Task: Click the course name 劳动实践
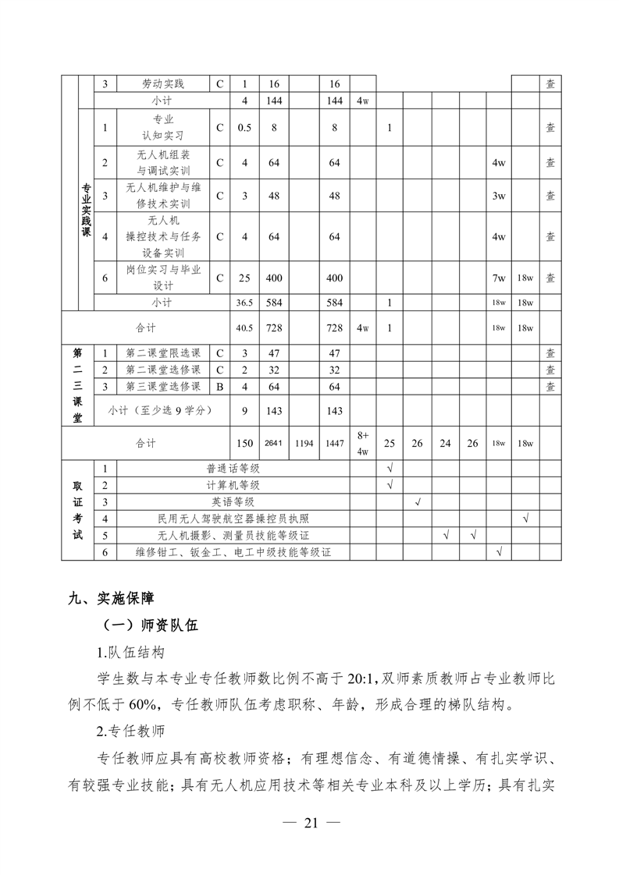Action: click(x=163, y=84)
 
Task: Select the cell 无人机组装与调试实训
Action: click(x=163, y=163)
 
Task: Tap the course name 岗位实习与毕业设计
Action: click(x=163, y=277)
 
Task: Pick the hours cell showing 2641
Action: click(x=273, y=443)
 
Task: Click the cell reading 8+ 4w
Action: click(x=363, y=442)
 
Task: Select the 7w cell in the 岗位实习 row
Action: click(x=499, y=278)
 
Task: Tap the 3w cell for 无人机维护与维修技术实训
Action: click(x=499, y=196)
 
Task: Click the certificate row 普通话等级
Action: click(x=233, y=468)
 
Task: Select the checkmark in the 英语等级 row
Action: click(x=418, y=501)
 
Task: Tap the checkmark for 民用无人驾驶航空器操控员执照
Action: click(x=525, y=518)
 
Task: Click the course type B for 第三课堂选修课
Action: click(x=219, y=386)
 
